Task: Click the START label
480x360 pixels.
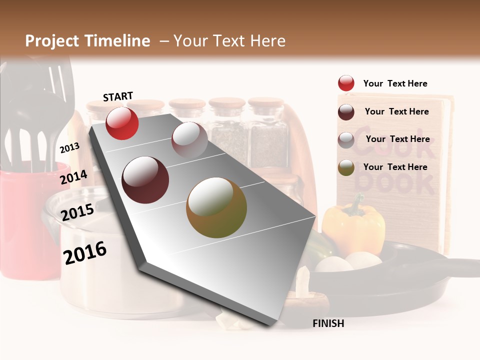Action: pos(118,96)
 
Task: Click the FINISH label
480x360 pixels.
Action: pos(328,323)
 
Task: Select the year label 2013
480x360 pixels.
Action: pos(69,147)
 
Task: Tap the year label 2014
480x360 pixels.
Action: pos(73,177)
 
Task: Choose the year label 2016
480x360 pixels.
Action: pos(85,253)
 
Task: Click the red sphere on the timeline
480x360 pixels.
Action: pos(122,123)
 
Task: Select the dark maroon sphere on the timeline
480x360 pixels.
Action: pos(145,180)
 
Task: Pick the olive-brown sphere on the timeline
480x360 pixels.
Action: pos(216,207)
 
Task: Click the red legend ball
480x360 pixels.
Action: pos(346,83)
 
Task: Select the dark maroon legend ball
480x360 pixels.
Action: pos(346,112)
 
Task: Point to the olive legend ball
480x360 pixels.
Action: pos(346,167)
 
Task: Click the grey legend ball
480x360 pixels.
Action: pos(346,140)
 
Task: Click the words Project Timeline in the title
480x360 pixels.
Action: pos(87,41)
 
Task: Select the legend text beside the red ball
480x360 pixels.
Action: pos(395,83)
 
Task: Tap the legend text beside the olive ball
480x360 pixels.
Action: pos(395,167)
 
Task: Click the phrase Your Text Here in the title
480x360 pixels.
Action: pos(229,41)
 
